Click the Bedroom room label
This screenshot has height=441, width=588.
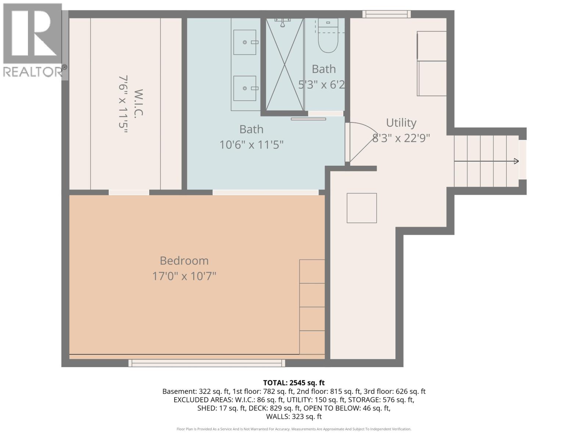coord(184,261)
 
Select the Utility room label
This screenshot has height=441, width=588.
coord(401,122)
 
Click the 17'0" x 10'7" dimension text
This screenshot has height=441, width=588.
coord(184,276)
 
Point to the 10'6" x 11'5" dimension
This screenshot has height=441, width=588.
coord(251,145)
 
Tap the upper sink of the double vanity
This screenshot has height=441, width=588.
coord(245,42)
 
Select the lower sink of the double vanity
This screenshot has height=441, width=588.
coord(245,88)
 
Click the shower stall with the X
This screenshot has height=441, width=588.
coord(285,64)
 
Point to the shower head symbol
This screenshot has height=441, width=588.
coord(283,23)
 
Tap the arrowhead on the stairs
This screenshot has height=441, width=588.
coord(516,161)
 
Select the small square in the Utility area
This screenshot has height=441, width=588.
coord(362,208)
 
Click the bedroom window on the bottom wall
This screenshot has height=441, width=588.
coord(207,363)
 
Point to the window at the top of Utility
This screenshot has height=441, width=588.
coord(386,14)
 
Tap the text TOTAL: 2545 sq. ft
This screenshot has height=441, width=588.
coord(294,383)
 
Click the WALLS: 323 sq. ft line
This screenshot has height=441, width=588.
coord(294,416)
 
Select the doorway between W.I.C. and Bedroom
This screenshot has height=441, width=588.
coord(129,192)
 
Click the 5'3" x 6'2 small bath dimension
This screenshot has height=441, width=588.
coord(322,85)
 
